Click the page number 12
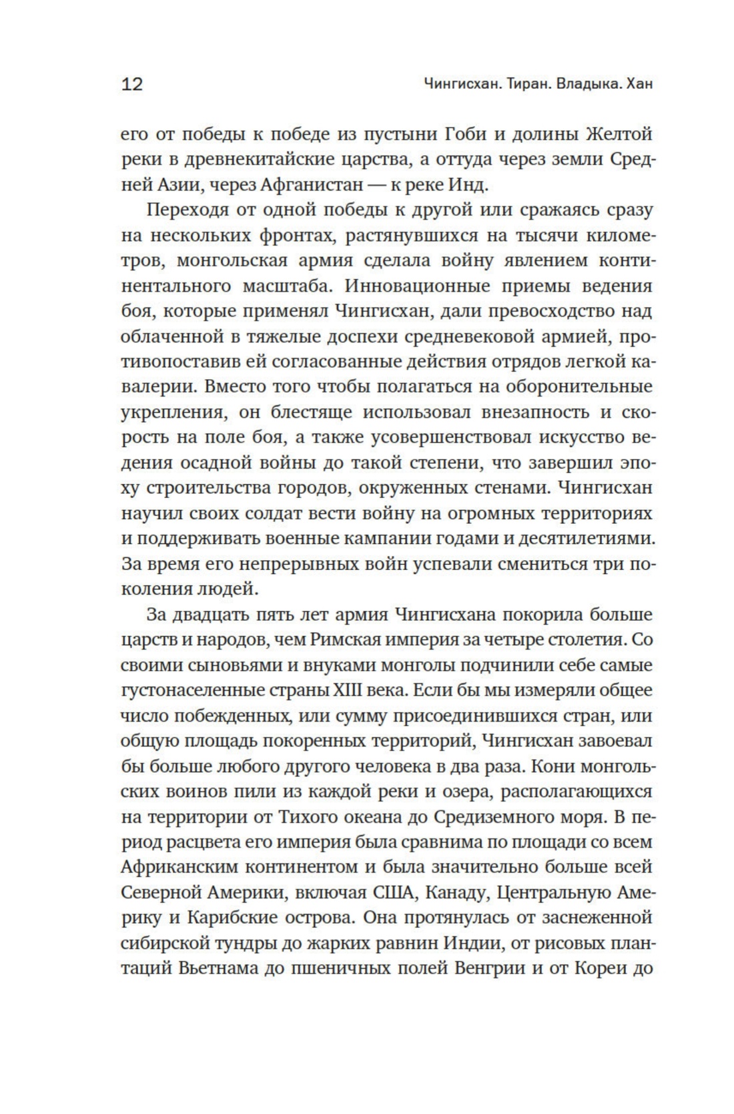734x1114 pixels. coord(132,84)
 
